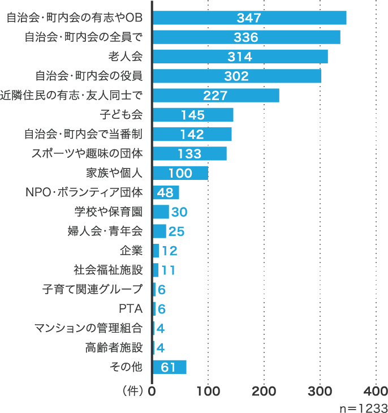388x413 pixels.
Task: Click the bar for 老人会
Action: click(240, 57)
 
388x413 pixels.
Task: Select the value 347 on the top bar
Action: click(249, 18)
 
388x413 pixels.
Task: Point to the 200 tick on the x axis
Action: click(264, 391)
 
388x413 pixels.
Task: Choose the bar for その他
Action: click(169, 367)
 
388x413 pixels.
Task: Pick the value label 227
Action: click(215, 96)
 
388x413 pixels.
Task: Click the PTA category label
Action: click(131, 309)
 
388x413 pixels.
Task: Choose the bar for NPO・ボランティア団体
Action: click(166, 192)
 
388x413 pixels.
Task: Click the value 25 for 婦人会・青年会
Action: click(176, 231)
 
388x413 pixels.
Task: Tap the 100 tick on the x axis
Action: click(208, 391)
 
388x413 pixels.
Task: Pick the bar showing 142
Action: click(192, 134)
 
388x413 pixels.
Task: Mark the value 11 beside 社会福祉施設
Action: click(168, 270)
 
